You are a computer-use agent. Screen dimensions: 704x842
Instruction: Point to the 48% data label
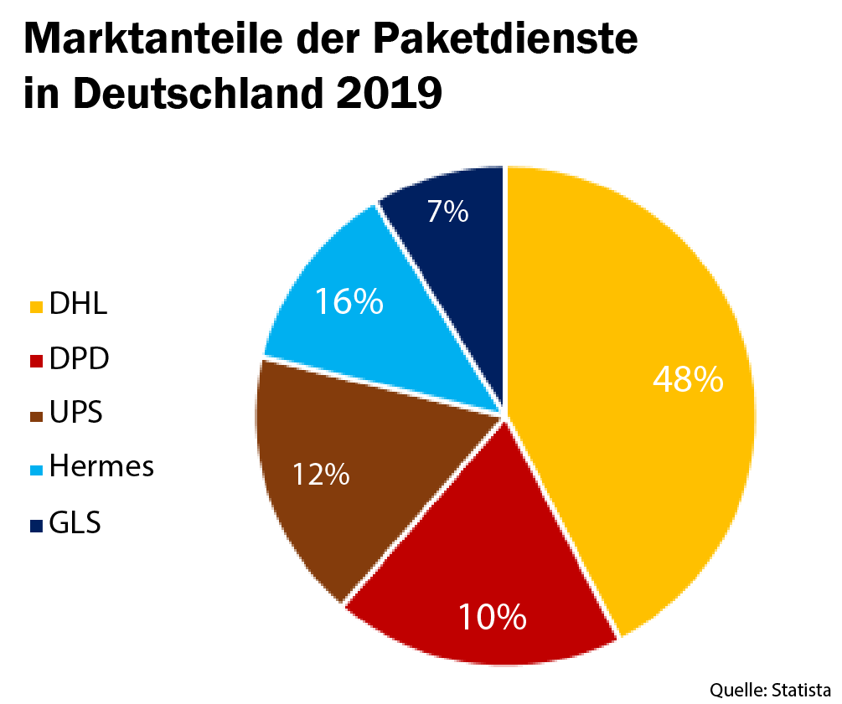coord(688,379)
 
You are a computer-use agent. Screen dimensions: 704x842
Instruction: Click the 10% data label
coord(492,617)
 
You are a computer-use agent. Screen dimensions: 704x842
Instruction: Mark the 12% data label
coord(320,475)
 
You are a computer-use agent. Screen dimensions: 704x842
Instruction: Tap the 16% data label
coord(349,302)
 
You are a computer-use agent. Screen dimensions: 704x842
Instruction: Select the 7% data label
coord(447,212)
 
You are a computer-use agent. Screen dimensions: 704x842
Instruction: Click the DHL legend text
coord(78,304)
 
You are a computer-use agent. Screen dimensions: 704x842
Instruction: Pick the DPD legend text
coord(80,359)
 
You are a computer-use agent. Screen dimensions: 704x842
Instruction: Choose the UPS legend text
coord(76,414)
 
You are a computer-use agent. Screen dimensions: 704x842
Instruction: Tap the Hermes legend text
coord(101,466)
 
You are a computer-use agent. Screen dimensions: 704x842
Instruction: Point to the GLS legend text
coord(75,523)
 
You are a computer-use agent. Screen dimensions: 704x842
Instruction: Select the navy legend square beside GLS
coord(36,526)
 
